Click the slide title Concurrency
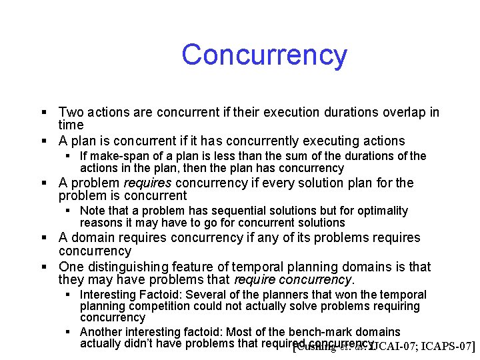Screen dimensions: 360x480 (x=264, y=55)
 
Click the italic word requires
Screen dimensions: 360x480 (x=151, y=183)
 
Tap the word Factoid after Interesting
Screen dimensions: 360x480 (x=159, y=295)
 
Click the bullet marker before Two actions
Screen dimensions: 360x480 (x=43, y=113)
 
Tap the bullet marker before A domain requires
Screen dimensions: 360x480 (x=43, y=238)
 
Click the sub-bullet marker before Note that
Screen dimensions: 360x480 (x=67, y=211)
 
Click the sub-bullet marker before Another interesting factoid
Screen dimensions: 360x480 (x=67, y=332)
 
